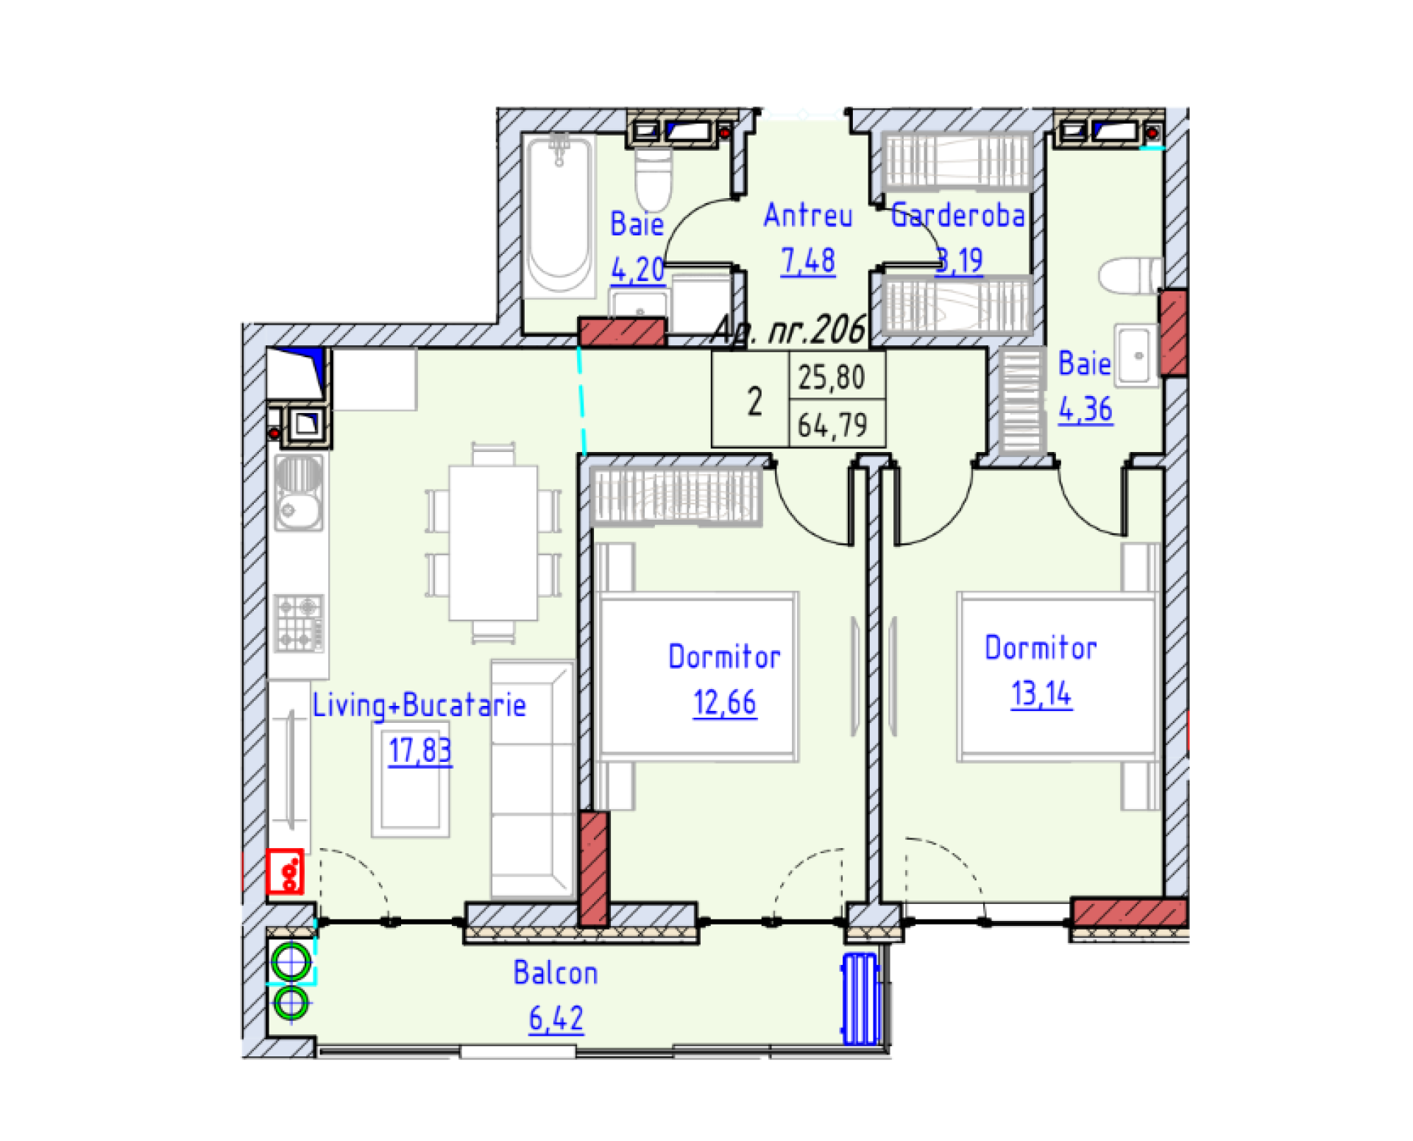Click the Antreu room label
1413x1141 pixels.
[x=807, y=215]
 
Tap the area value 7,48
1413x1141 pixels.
[x=807, y=261]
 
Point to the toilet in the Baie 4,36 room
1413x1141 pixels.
[x=1129, y=275]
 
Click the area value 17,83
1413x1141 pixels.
[x=419, y=750]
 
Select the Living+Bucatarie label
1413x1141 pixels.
[x=419, y=704]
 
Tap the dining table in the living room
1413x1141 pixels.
[x=492, y=543]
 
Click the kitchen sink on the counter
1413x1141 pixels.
[x=298, y=492]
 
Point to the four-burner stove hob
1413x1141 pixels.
[x=298, y=623]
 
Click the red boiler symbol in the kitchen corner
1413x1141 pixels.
[x=286, y=872]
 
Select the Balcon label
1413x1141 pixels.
[x=555, y=972]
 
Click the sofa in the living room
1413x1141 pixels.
[x=531, y=777]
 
